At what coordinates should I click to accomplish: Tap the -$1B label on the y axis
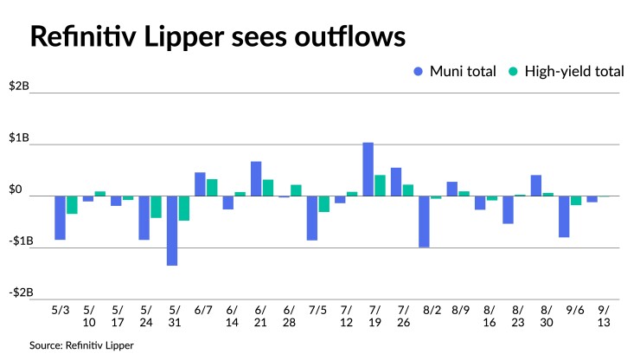click(19, 241)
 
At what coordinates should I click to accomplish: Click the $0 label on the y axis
click(18, 190)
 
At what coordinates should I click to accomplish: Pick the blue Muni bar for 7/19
click(368, 169)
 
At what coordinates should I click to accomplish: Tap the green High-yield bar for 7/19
click(380, 185)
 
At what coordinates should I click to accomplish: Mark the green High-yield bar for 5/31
click(184, 209)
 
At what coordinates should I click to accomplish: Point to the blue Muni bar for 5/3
click(61, 217)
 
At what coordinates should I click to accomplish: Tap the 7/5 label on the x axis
click(317, 309)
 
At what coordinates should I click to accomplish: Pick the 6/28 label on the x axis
click(290, 315)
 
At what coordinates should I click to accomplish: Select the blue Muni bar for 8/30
click(536, 185)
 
